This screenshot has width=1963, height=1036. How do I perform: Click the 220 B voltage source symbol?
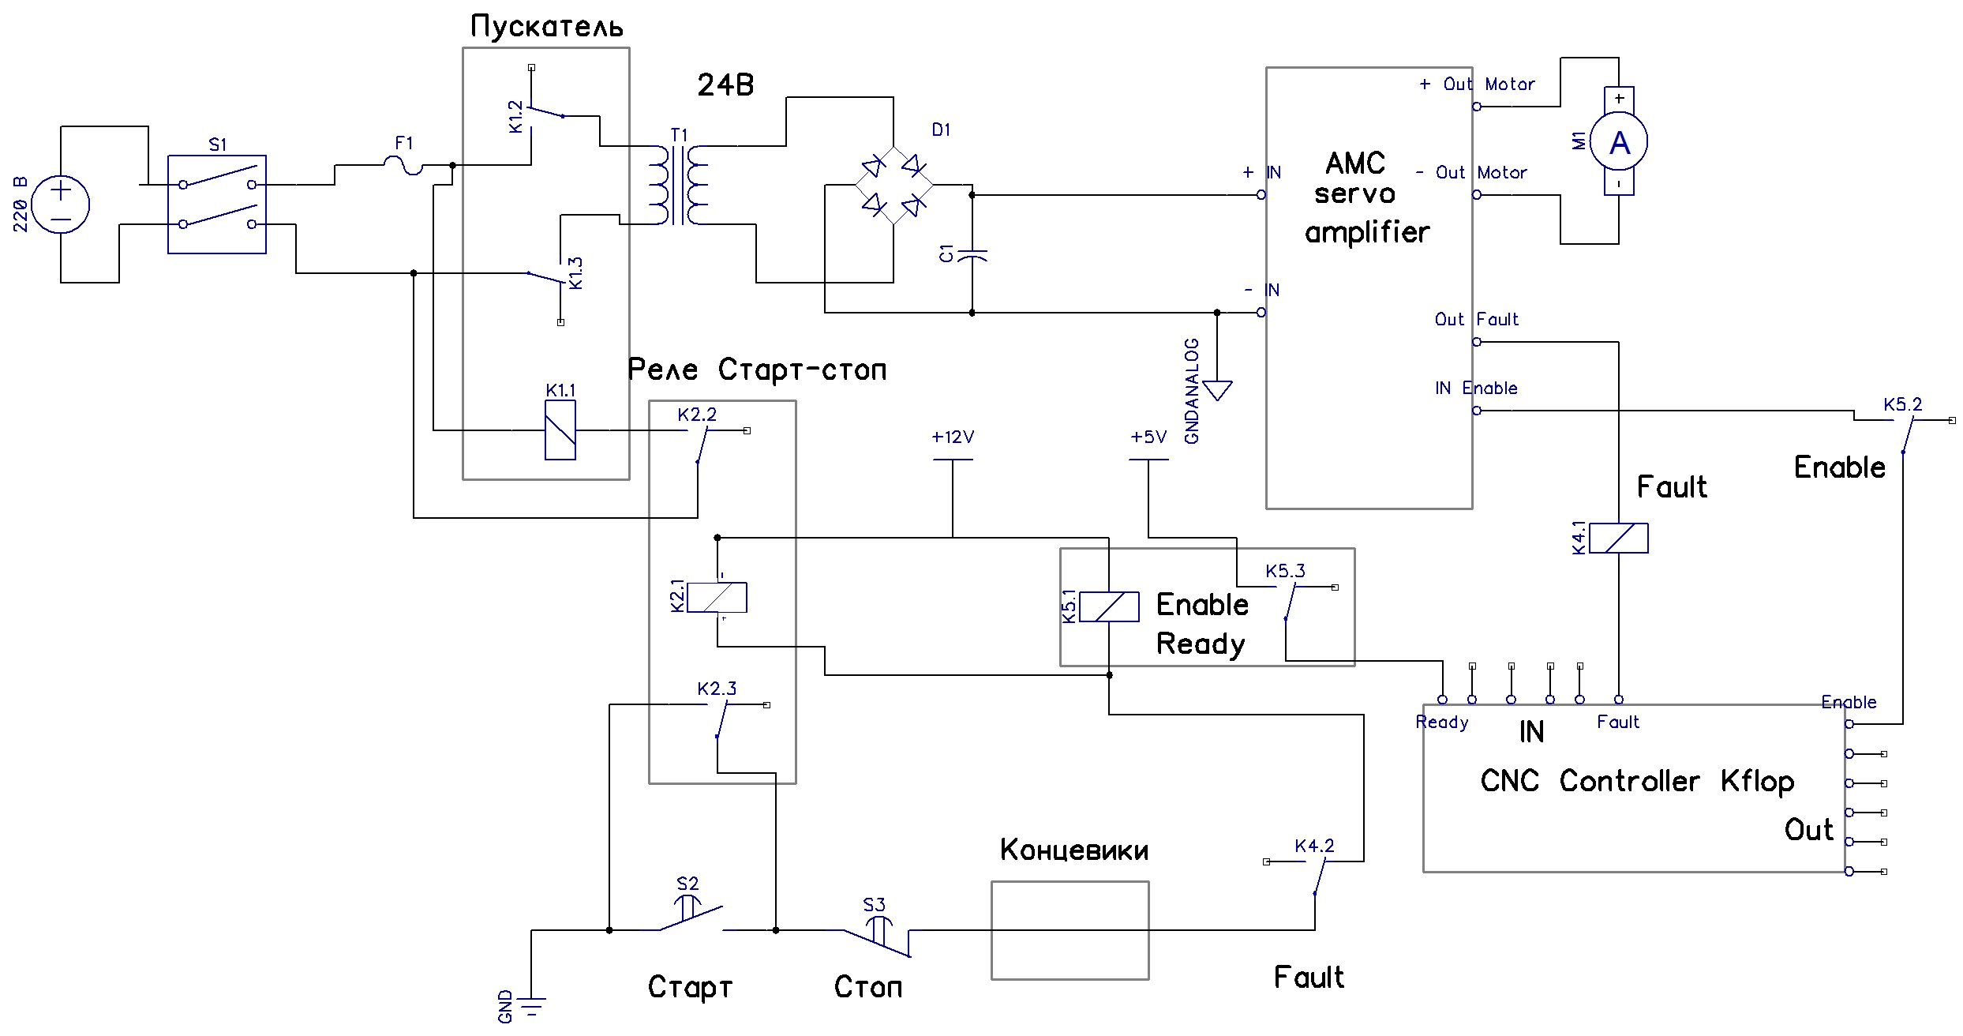pyautogui.click(x=61, y=205)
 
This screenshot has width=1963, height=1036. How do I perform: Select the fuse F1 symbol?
pyautogui.click(x=403, y=165)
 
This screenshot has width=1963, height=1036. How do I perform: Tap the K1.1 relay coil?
pyautogui.click(x=560, y=430)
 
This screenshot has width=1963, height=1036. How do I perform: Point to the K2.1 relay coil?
pyautogui.click(x=717, y=598)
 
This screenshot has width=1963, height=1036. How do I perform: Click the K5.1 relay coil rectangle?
pyautogui.click(x=1109, y=607)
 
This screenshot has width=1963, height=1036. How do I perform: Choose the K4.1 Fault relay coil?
pyautogui.click(x=1618, y=539)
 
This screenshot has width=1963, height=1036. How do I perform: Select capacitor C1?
pyautogui.click(x=972, y=256)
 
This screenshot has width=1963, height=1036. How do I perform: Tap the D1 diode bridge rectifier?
pyautogui.click(x=893, y=186)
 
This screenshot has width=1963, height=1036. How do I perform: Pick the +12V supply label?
pyautogui.click(x=953, y=437)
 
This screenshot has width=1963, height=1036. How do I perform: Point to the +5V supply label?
pyautogui.click(x=1148, y=437)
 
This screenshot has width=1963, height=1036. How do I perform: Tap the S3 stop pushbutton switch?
pyautogui.click(x=877, y=937)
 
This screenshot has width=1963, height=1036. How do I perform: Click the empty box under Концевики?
pyautogui.click(x=1070, y=931)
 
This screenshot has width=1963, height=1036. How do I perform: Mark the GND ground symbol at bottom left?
pyautogui.click(x=532, y=1006)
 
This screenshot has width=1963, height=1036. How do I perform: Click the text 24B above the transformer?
pyautogui.click(x=725, y=85)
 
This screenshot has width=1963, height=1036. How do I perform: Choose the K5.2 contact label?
pyautogui.click(x=1902, y=405)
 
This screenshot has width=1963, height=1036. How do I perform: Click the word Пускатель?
pyautogui.click(x=546, y=27)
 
